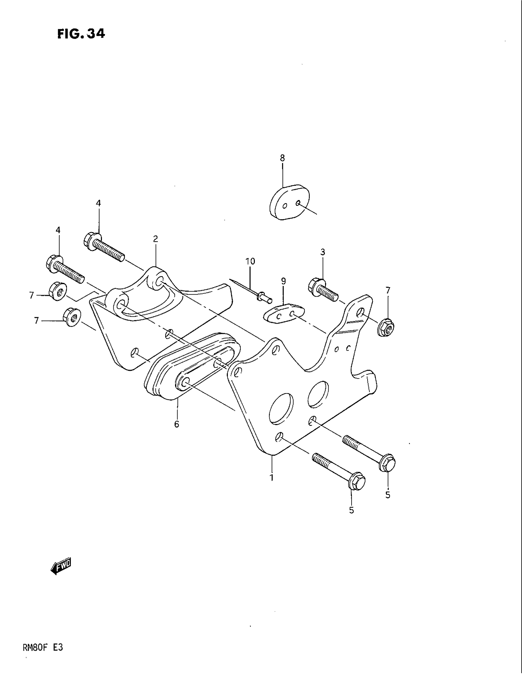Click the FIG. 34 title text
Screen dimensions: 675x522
click(x=81, y=33)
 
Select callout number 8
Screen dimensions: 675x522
click(x=282, y=158)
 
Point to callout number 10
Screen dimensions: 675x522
click(x=250, y=261)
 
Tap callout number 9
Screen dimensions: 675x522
click(x=284, y=281)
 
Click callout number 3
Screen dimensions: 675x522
click(x=322, y=252)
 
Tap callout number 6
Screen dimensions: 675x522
click(x=177, y=424)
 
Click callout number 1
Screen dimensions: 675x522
click(x=271, y=477)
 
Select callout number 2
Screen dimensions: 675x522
click(x=155, y=239)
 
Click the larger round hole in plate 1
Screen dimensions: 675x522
click(x=281, y=408)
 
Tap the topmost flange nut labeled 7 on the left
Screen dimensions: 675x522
click(x=57, y=290)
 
